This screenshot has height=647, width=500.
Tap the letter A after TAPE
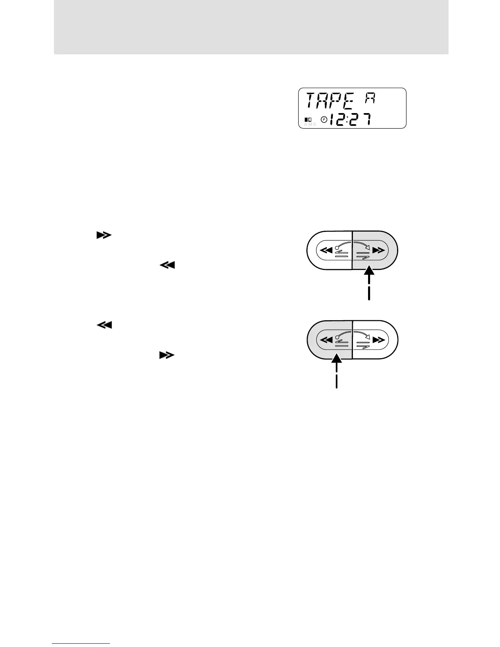click(371, 100)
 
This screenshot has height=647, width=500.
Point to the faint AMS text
click(310, 124)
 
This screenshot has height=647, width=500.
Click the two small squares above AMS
click(308, 119)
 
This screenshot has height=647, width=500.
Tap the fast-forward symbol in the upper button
click(379, 250)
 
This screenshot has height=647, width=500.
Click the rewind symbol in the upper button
click(326, 250)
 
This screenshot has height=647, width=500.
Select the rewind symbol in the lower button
click(326, 339)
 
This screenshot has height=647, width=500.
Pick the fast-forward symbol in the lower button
click(379, 339)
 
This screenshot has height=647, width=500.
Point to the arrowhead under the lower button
click(336, 359)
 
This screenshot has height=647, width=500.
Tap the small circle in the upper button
click(337, 247)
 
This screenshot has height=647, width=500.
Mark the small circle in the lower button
click(337, 336)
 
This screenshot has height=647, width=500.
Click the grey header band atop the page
click(251, 27)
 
